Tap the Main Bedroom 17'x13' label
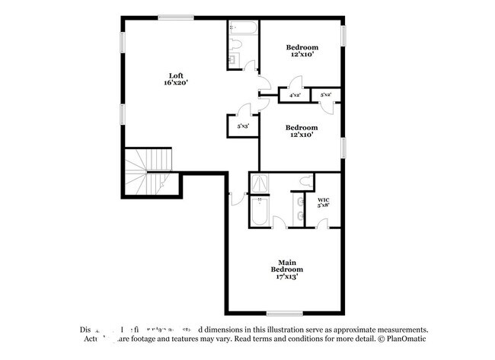coord(286,269)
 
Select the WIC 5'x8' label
coord(324,202)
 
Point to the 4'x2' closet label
coord(294,95)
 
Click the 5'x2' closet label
coord(326,95)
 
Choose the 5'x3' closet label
coord(243,126)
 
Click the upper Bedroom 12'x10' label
coord(302,50)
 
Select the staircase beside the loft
coord(149,171)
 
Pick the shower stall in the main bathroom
coord(260,183)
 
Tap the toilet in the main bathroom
coord(305,181)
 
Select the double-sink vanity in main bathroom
coord(299,207)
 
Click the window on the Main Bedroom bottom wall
coord(284,314)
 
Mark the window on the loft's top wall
coord(175,18)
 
